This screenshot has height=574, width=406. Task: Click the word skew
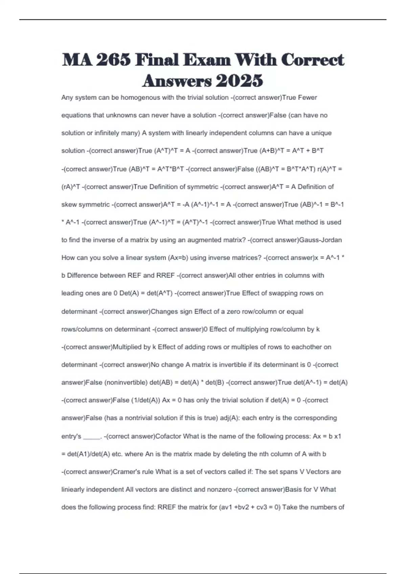click(69, 205)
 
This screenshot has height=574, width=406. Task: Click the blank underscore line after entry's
click(91, 437)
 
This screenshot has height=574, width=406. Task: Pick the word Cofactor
click(168, 436)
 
